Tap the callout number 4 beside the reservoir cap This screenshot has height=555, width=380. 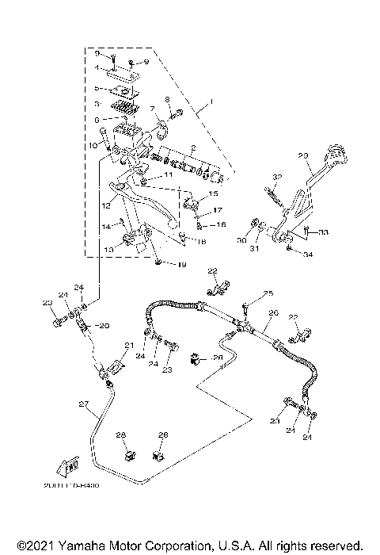(x=96, y=68)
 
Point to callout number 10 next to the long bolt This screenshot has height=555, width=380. (x=93, y=145)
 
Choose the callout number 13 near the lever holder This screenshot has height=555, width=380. (x=108, y=248)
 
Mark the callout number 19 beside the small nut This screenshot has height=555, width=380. (x=180, y=264)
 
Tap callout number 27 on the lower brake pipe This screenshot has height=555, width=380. (x=83, y=404)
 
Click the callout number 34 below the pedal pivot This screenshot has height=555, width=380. (x=308, y=255)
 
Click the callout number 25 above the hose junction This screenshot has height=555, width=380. (x=268, y=293)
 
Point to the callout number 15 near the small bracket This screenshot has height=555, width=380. (x=213, y=193)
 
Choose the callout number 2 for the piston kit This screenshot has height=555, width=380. (x=192, y=147)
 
